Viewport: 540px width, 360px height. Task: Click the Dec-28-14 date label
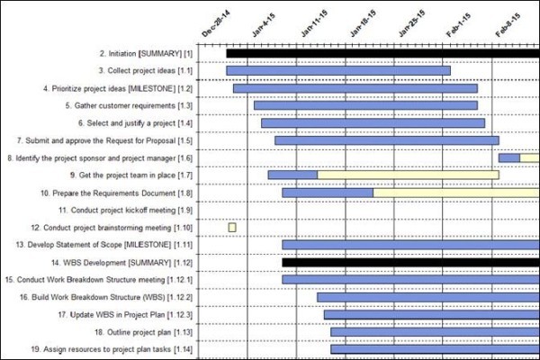tap(214, 22)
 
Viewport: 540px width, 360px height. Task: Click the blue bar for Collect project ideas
tap(338, 70)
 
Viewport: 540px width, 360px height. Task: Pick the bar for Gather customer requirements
tap(365, 105)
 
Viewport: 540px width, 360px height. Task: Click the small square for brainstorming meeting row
tap(232, 227)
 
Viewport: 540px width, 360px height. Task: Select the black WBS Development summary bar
tap(410, 262)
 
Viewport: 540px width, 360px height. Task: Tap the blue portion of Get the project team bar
tap(292, 175)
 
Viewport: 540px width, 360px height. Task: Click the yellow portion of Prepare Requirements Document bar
tap(455, 193)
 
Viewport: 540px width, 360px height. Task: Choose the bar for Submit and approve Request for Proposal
tap(387, 140)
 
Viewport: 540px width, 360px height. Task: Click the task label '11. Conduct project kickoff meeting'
tap(125, 210)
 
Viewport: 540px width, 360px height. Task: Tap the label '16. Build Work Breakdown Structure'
tap(112, 296)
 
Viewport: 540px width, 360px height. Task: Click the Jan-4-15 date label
tap(264, 22)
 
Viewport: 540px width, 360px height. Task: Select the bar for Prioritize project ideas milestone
tap(355, 88)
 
